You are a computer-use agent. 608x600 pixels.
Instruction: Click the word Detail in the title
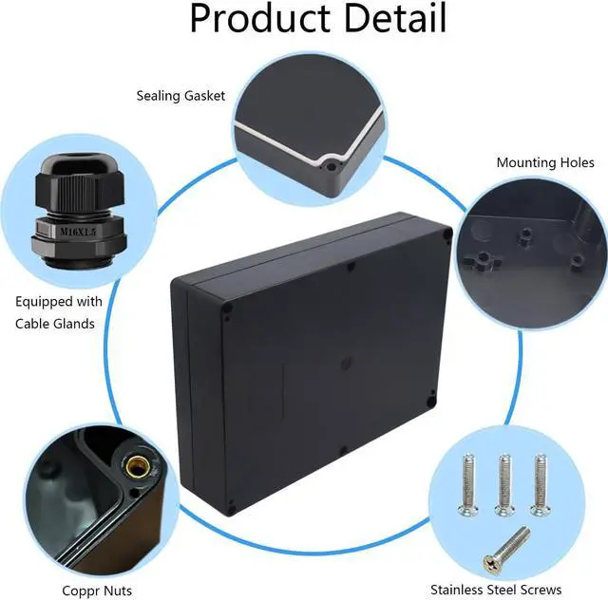[x=389, y=18]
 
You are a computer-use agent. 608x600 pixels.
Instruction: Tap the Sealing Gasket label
[x=180, y=96]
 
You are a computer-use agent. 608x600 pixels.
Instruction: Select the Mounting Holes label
[x=545, y=162]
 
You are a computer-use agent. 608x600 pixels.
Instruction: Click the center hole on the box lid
[x=345, y=363]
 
